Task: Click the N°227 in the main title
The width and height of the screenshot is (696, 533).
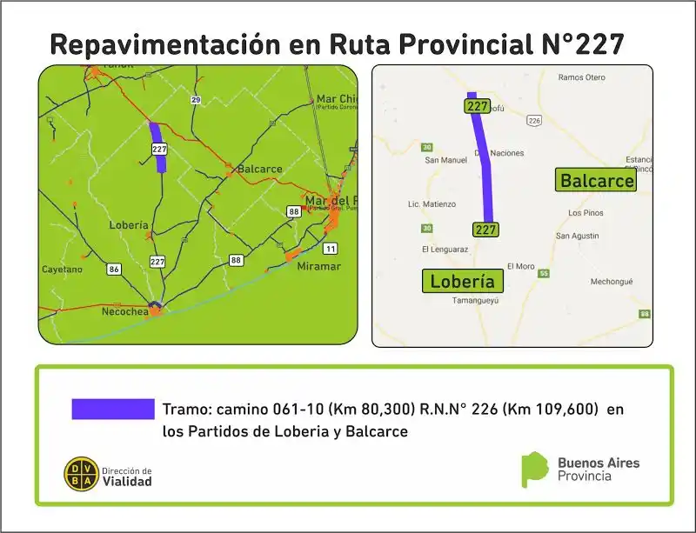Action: [x=578, y=44]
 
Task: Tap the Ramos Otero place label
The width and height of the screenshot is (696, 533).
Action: [x=582, y=77]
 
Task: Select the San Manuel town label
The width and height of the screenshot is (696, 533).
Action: [x=445, y=160]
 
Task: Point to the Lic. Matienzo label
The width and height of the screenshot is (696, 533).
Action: [x=432, y=204]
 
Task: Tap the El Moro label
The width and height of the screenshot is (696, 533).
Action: [x=520, y=266]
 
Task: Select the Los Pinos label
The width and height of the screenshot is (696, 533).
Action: [x=586, y=213]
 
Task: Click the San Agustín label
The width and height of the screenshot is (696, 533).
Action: [x=578, y=236]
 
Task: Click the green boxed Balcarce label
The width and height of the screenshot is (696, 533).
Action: [x=597, y=181]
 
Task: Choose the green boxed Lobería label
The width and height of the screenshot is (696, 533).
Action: [x=462, y=281]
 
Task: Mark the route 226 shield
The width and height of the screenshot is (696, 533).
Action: [x=534, y=120]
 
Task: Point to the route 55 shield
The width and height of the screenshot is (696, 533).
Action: [x=544, y=274]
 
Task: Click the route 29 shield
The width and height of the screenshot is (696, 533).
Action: [x=196, y=101]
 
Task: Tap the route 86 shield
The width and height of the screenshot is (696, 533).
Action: [x=114, y=269]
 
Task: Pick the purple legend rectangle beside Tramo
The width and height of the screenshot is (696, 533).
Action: [x=113, y=410]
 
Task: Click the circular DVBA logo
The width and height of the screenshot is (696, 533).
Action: [x=81, y=474]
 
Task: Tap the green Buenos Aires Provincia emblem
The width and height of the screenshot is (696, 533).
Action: [x=533, y=469]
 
